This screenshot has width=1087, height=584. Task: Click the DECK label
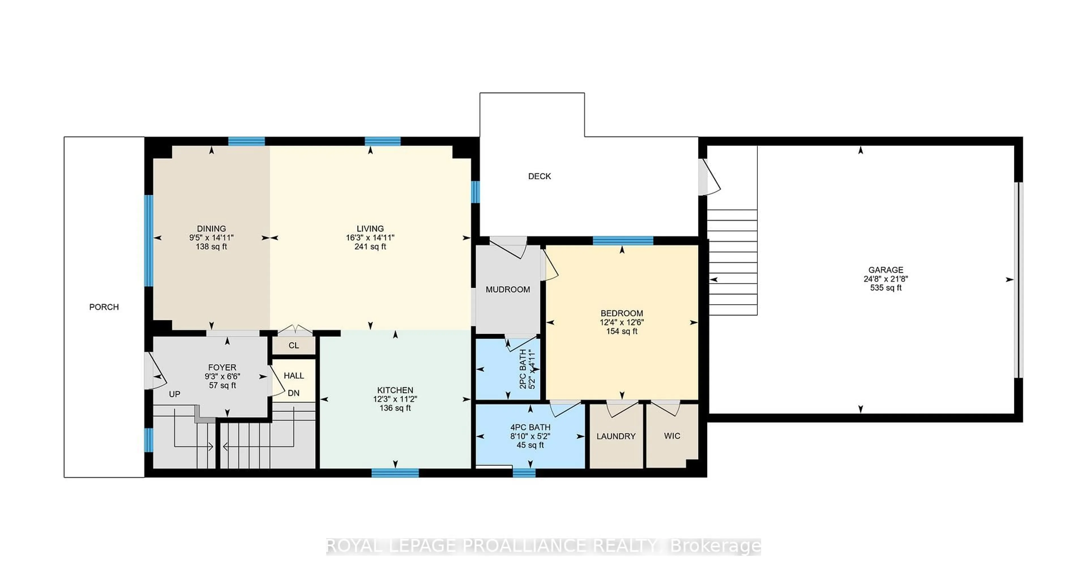pyautogui.click(x=539, y=176)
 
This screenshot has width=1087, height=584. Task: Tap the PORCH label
pyautogui.click(x=104, y=307)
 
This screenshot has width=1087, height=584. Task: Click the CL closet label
pyautogui.click(x=294, y=346)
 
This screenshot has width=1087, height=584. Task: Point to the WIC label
pyautogui.click(x=672, y=436)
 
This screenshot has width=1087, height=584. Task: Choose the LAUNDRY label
pyautogui.click(x=616, y=436)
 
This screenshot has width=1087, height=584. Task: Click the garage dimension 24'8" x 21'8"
pyautogui.click(x=886, y=279)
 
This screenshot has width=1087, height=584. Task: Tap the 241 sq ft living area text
pyautogui.click(x=370, y=247)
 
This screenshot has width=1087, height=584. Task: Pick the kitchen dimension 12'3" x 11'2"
pyautogui.click(x=395, y=399)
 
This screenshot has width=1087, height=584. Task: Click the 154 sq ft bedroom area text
pyautogui.click(x=622, y=331)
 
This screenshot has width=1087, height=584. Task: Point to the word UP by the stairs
pyautogui.click(x=174, y=394)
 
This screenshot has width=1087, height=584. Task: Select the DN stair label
pyautogui.click(x=294, y=393)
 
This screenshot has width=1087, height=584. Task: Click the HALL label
pyautogui.click(x=294, y=375)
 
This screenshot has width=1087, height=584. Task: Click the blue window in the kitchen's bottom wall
pyautogui.click(x=395, y=473)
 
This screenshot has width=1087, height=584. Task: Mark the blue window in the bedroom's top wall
pyautogui.click(x=623, y=241)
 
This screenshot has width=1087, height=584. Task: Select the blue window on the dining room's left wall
pyautogui.click(x=149, y=241)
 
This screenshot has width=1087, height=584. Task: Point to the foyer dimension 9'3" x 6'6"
pyautogui.click(x=222, y=376)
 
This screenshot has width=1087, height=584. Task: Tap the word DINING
pyautogui.click(x=211, y=229)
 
